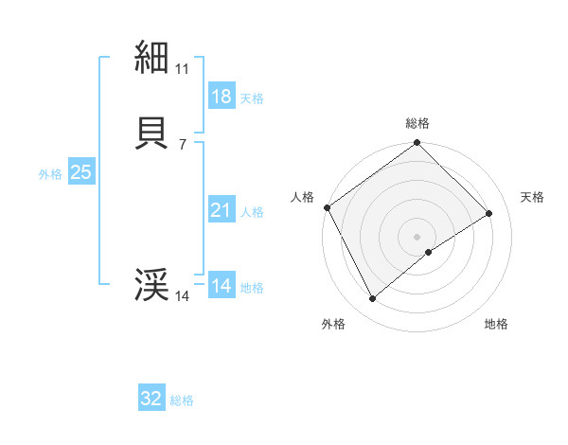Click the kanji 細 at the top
[x=152, y=58]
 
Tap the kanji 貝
[x=152, y=133]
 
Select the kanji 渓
[x=152, y=285]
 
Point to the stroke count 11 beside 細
[x=182, y=69]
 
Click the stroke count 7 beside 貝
[x=182, y=144]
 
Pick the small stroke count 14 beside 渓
[x=182, y=296]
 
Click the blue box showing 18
[x=221, y=97]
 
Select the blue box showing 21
[x=221, y=210]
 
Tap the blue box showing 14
[x=221, y=286]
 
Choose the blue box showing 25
[x=80, y=172]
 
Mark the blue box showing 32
[x=151, y=400]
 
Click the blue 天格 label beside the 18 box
[x=252, y=98]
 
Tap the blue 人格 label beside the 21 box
[x=252, y=212]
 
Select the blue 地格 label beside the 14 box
[x=252, y=288]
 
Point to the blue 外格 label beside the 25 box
[x=50, y=174]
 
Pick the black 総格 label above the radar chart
[x=417, y=123]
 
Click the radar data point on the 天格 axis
[x=489, y=214]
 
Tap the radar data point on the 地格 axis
[x=429, y=252]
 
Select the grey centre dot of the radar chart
[x=417, y=237]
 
